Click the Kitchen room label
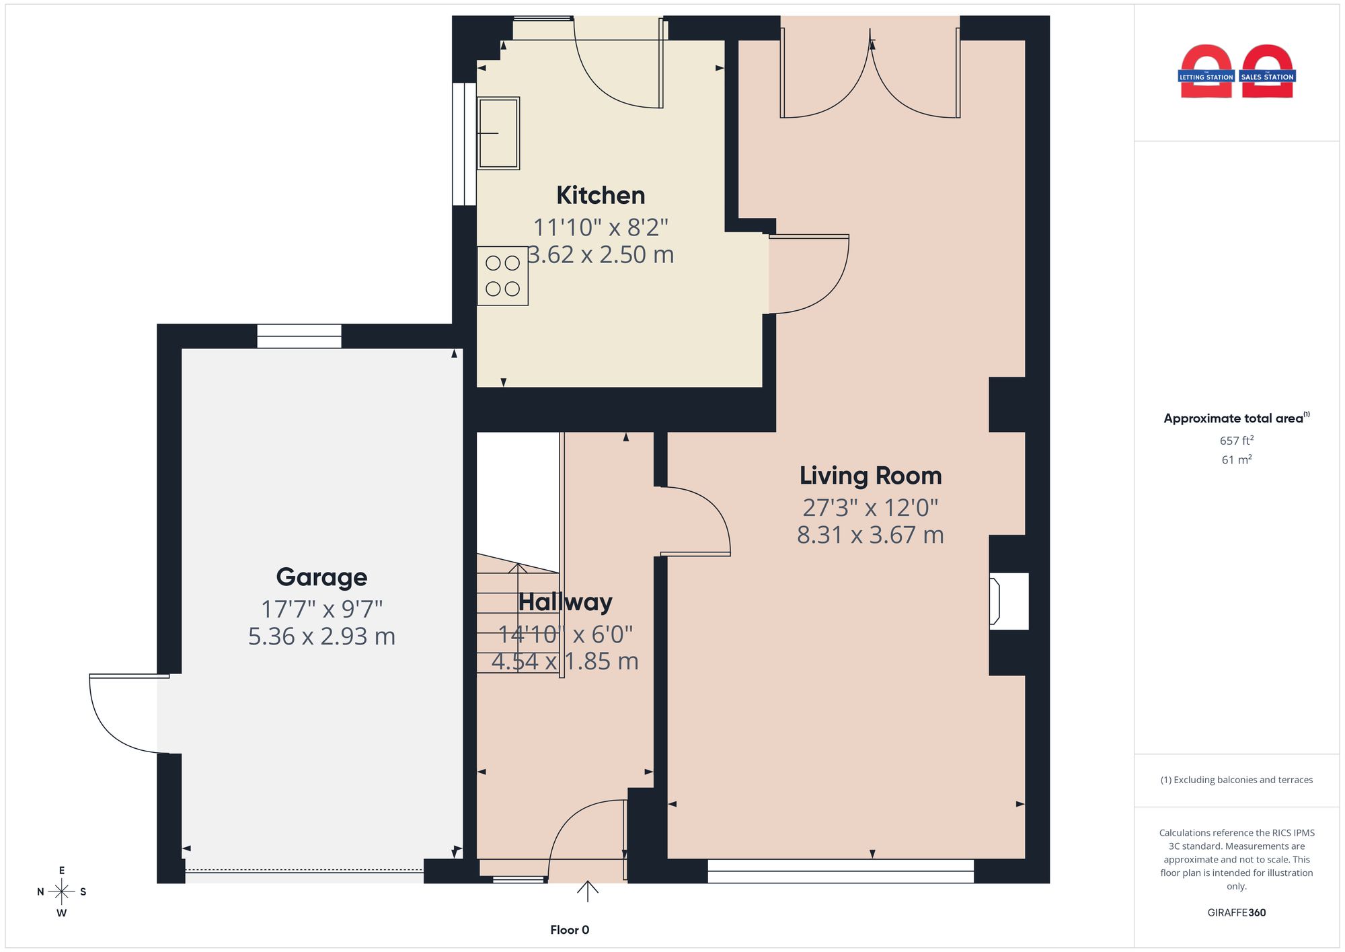point(601,195)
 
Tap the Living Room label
point(870,476)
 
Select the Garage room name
point(321,577)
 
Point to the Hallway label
point(565,602)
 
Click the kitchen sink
point(498,133)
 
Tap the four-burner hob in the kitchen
point(502,276)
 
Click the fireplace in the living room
point(1008,601)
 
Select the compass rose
point(61,892)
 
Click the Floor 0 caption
point(570,930)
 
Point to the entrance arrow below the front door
point(588,891)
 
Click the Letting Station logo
point(1206,71)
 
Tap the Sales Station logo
point(1268,71)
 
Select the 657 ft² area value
point(1237,441)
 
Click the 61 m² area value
point(1237,460)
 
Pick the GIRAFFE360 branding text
point(1237,912)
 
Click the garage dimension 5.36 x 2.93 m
point(321,636)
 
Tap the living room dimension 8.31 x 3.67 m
point(870,535)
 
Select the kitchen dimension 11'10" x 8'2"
point(601,227)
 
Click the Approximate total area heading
point(1237,418)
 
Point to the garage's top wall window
point(299,336)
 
